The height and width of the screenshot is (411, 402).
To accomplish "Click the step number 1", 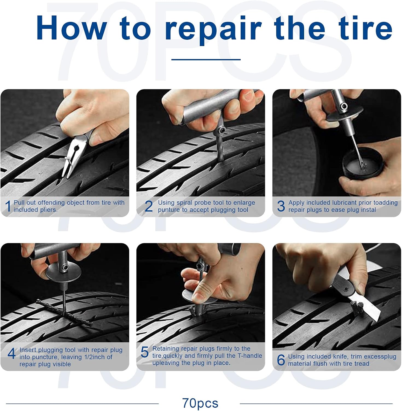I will [8, 206].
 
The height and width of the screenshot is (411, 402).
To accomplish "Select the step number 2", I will [148, 206].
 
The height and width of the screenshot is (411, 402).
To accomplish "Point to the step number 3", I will [281, 206].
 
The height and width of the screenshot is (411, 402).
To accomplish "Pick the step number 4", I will [11, 353].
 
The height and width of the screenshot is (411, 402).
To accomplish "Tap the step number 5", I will [144, 352].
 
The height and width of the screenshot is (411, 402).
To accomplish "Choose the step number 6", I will [281, 360].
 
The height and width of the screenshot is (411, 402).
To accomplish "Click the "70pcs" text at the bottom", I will [200, 403].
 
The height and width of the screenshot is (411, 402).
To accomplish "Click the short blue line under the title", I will [206, 59].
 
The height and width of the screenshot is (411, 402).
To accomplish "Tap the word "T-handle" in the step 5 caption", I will [249, 356].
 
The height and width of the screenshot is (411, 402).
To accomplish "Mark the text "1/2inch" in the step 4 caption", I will [95, 357].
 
